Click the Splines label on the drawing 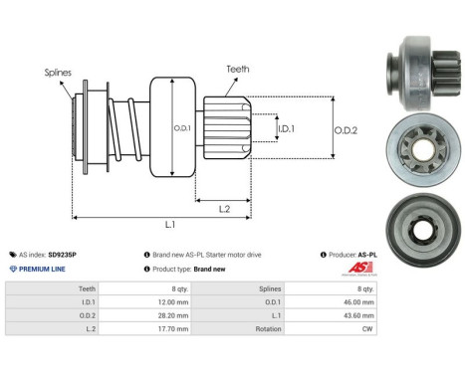coord(57,72)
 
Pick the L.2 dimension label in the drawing coord(226,208)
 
